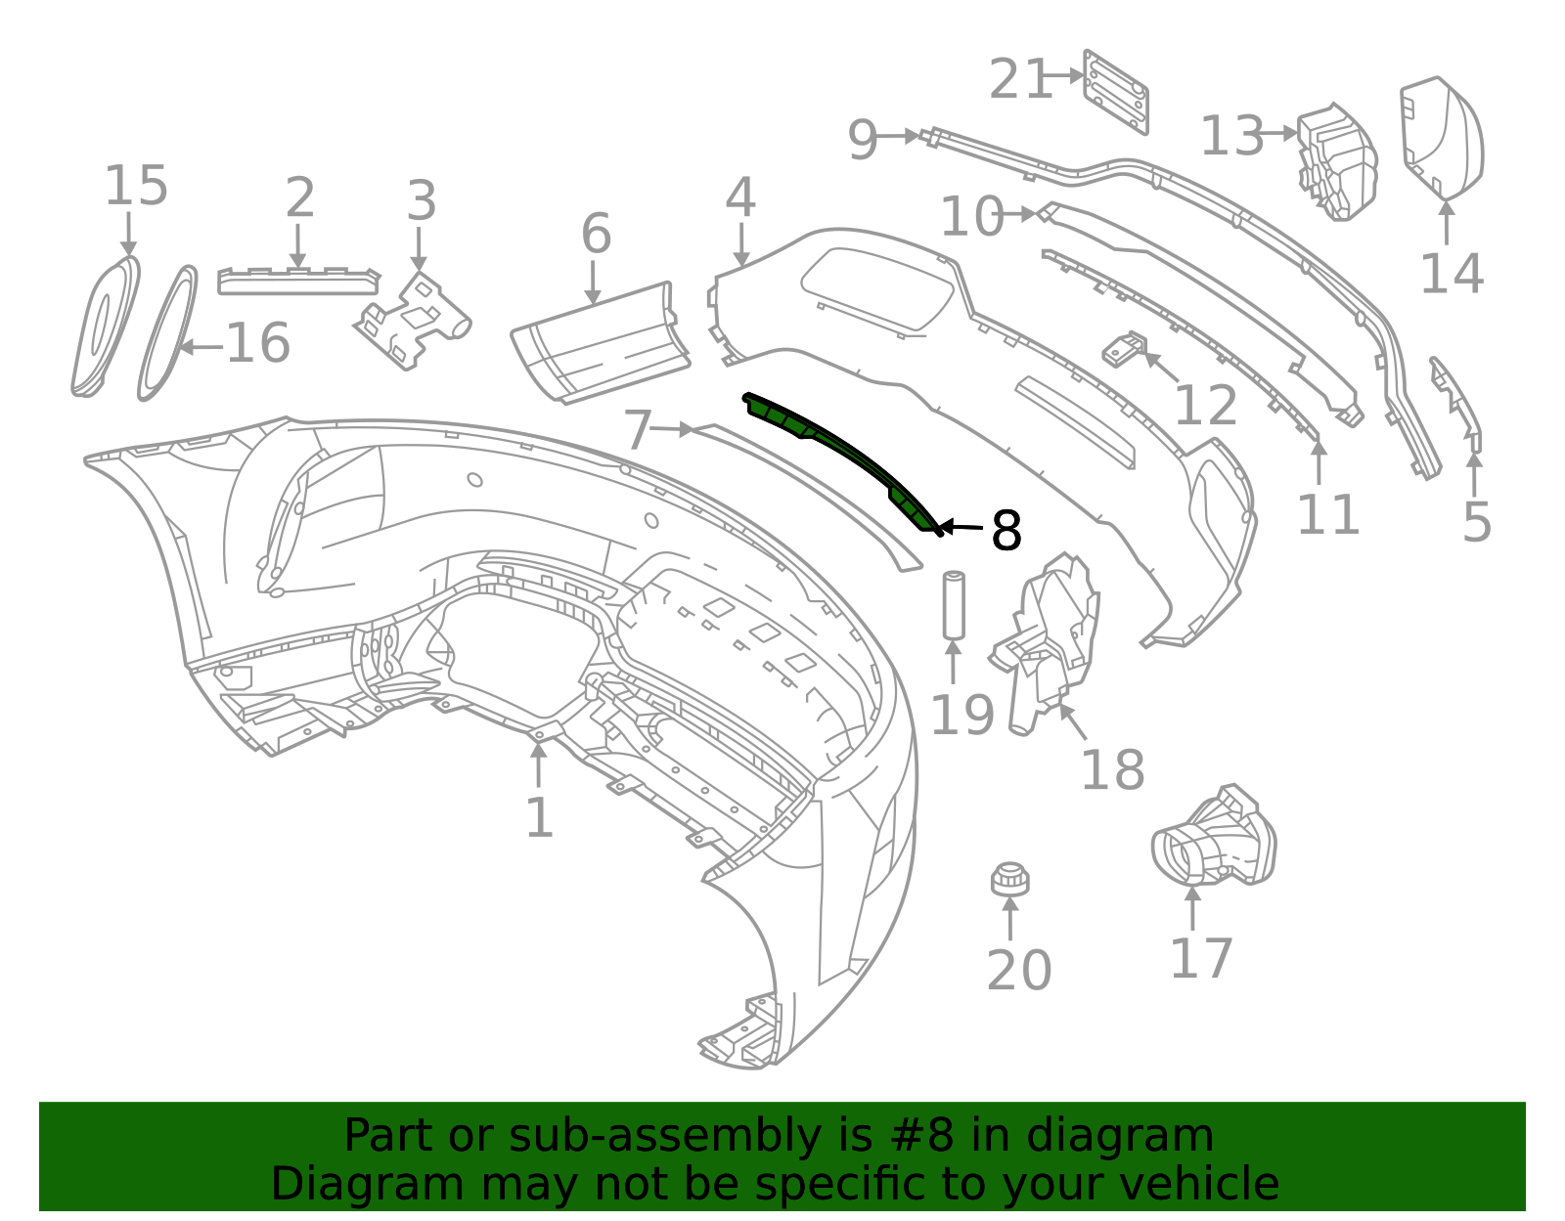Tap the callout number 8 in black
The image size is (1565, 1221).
[x=1006, y=531]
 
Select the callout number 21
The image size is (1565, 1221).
[x=1019, y=79]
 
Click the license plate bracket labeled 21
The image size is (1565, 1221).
[x=1116, y=92]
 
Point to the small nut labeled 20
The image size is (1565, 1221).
[x=1009, y=879]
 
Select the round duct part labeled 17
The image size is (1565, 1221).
[x=1213, y=840]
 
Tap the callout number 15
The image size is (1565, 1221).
[x=136, y=186]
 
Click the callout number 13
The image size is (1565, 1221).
[x=1231, y=136]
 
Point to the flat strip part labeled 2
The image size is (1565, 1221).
[x=297, y=281]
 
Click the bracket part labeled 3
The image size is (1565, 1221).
[x=414, y=322]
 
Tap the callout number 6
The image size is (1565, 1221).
[x=596, y=235]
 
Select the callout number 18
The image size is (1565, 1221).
[x=1112, y=770]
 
